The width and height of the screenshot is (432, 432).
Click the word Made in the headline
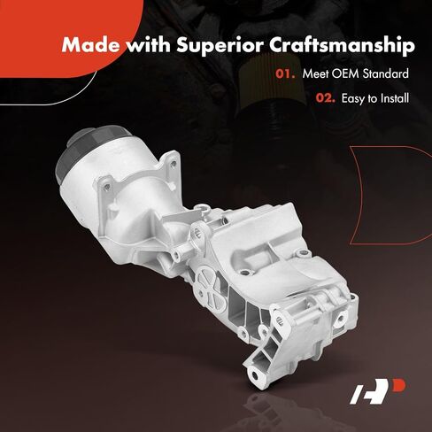pos(91,45)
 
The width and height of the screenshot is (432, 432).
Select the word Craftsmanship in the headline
pos(343,46)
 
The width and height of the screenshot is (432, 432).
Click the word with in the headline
pos(149,45)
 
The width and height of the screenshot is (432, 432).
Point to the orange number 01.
pos(285,73)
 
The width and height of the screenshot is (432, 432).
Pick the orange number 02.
pos(326,98)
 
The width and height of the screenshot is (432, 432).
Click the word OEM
pos(344,73)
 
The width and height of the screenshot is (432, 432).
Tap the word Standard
pos(386,73)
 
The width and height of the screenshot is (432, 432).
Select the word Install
pos(395,98)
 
